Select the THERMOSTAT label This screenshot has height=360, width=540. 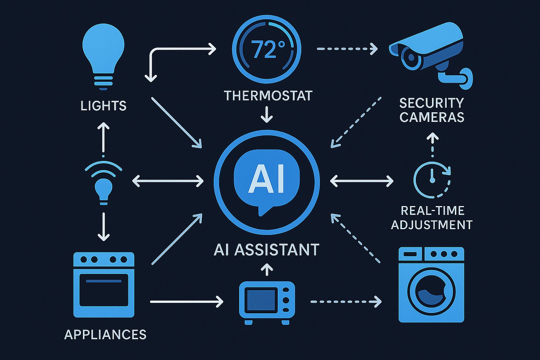coord(268,95)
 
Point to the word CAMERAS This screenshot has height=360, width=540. coord(432,117)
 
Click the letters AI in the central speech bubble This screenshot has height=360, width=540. coord(267,180)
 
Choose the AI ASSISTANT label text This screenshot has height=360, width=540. coord(267,250)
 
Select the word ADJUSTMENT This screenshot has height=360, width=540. coord(432,225)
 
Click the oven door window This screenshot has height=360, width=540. coord(103,289)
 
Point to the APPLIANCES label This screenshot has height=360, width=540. coord(105,334)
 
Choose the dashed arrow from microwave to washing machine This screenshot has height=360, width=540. coord(346,301)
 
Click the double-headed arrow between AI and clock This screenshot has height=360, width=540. coord(361,180)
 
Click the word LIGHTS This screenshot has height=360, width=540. coord(103,105)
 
